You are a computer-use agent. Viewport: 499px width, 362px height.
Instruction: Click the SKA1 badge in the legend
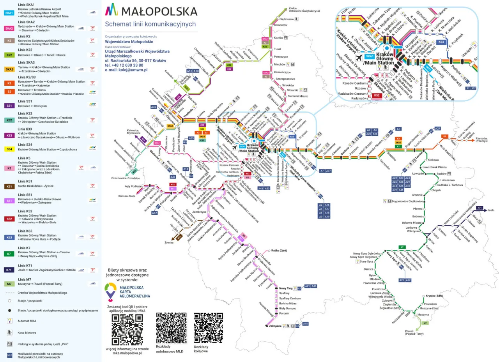click(x=9, y=13)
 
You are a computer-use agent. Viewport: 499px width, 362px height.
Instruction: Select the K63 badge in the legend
click(x=9, y=237)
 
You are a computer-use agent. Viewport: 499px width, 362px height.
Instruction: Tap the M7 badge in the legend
click(x=9, y=284)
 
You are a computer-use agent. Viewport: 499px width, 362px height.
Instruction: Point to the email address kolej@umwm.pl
click(x=126, y=70)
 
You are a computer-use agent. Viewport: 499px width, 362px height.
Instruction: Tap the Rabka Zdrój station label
click(x=278, y=251)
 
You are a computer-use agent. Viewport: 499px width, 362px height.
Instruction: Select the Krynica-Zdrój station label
click(x=435, y=296)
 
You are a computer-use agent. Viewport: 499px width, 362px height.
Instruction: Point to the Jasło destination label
click(x=491, y=210)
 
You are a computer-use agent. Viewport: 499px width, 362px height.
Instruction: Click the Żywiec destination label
click(x=169, y=243)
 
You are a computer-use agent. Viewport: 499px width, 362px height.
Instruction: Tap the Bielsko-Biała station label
click(x=127, y=196)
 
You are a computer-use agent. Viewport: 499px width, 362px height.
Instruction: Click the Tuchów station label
click(x=441, y=174)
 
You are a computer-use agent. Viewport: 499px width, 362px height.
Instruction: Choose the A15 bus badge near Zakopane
click(x=306, y=324)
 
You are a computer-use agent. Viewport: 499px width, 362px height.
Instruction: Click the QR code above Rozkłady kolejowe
click(x=209, y=327)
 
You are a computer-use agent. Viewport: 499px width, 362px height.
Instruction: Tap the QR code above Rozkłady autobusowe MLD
click(x=171, y=327)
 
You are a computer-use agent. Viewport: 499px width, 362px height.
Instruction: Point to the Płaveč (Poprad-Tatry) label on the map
click(x=414, y=332)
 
